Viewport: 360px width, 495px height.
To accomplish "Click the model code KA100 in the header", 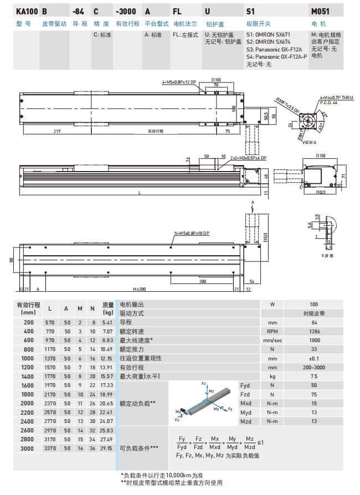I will pos(27,11).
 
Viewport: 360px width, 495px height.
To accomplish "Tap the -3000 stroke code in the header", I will pos(126,11).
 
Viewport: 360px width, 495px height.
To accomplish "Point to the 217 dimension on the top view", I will pos(57,131).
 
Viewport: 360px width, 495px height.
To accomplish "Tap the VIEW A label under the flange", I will pos(309,142).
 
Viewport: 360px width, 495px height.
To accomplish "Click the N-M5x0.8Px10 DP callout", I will pos(192,233).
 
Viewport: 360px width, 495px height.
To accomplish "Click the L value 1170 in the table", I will pos(50,349).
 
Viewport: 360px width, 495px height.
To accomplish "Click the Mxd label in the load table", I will pos(246,403).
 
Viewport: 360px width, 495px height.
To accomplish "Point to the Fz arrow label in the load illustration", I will pos(203,383).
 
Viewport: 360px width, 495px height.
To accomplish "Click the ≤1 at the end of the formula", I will pos(260,443).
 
